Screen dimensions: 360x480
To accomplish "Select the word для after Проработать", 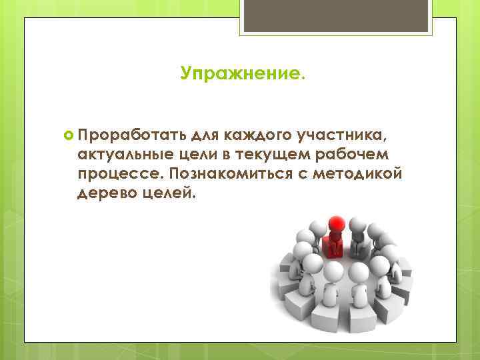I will (x=204, y=137).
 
